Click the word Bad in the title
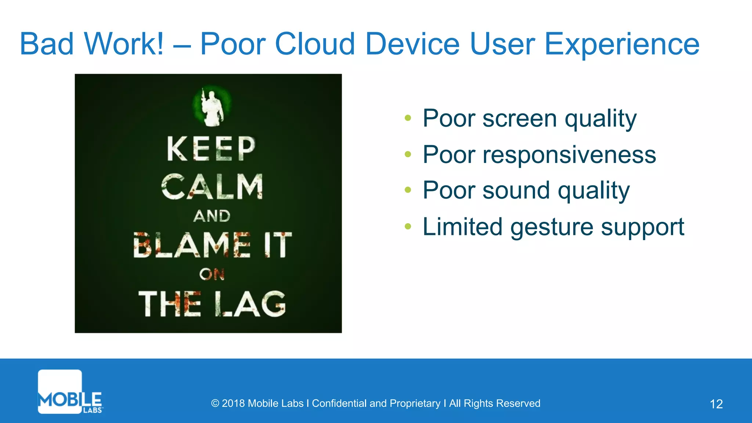click(47, 44)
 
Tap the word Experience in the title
click(622, 45)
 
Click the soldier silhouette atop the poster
click(212, 106)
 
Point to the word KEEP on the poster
click(211, 149)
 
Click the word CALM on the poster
click(212, 187)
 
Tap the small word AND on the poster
click(212, 216)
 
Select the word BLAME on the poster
click(192, 245)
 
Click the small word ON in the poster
click(212, 274)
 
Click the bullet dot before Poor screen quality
click(408, 118)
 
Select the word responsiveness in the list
click(569, 155)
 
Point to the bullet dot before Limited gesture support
click(408, 227)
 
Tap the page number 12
click(716, 404)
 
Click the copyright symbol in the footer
click(215, 404)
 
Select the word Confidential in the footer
click(339, 403)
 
